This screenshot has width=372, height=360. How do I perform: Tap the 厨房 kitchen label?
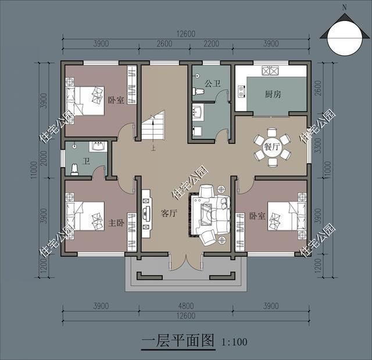(x=273, y=94)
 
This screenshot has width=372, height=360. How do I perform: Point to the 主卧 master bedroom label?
(x=117, y=222)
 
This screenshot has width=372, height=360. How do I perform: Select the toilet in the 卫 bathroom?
(x=74, y=168)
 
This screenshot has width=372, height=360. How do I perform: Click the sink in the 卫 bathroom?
(x=97, y=146)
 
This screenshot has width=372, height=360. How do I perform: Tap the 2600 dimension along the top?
(x=164, y=44)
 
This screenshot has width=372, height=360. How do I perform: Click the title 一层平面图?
(x=178, y=340)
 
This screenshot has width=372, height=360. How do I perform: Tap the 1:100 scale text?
(x=234, y=342)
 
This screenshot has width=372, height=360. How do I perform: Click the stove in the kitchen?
(x=270, y=71)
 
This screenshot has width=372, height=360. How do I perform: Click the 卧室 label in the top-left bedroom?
(x=116, y=100)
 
